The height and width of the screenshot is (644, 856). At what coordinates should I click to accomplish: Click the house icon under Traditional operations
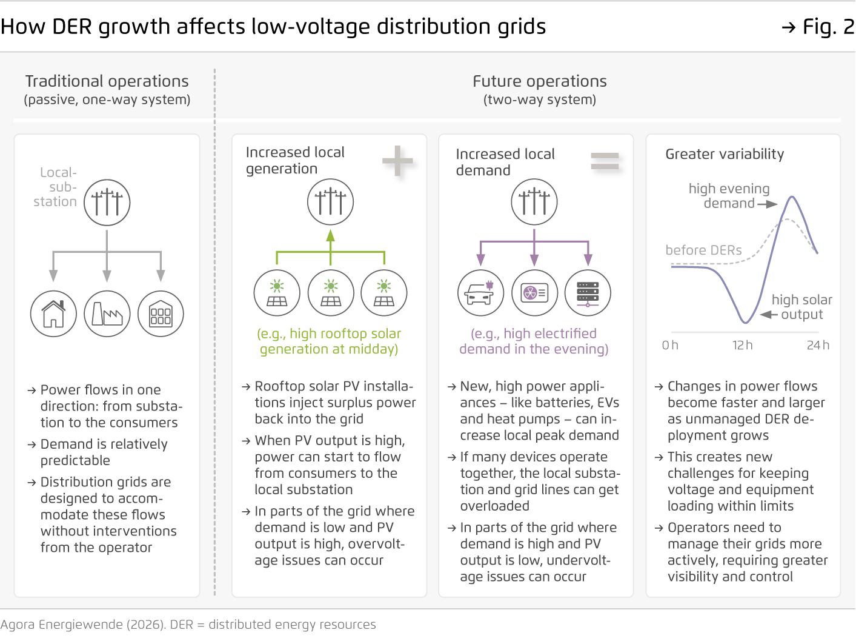[53, 314]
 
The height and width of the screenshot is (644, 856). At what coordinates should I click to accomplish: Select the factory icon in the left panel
[107, 314]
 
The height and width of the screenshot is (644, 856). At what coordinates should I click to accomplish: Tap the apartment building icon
[161, 314]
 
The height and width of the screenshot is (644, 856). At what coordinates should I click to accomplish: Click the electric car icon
[480, 293]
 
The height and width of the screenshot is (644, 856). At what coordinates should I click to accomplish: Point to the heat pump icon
[534, 293]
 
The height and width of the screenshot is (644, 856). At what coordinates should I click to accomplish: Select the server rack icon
[588, 293]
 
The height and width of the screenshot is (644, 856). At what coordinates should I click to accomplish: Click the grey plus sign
[397, 161]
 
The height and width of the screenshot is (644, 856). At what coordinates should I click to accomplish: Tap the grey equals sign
[605, 161]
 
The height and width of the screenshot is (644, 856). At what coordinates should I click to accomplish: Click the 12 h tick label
[742, 345]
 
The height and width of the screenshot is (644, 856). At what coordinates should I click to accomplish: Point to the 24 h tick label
[818, 345]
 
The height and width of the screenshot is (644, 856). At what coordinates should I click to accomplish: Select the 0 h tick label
[670, 345]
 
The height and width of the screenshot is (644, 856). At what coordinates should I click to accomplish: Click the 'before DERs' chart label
[703, 250]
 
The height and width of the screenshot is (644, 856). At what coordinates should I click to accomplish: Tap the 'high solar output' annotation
[801, 307]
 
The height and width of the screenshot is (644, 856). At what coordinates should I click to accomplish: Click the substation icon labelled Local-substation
[107, 203]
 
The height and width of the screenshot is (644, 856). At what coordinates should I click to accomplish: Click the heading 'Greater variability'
[725, 154]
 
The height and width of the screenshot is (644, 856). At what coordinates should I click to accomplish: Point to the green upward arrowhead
[330, 236]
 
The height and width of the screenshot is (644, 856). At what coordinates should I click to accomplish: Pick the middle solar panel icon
[331, 293]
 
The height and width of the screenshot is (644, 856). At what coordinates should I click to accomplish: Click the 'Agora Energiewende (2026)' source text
[82, 625]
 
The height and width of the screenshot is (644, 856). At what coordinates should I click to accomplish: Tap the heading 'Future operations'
[539, 81]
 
